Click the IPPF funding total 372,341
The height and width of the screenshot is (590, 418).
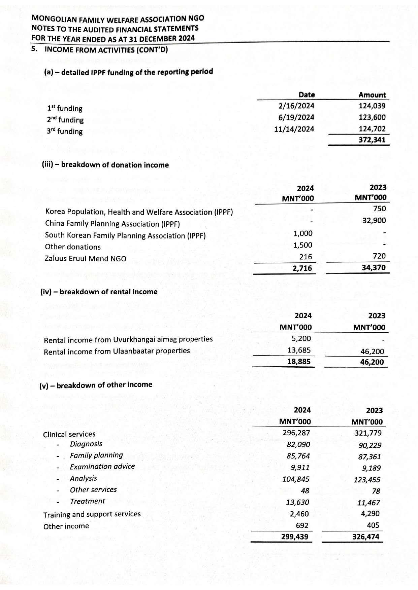tap(372, 140)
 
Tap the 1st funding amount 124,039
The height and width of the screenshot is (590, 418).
tap(372, 106)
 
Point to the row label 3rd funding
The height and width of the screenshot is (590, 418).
tap(65, 131)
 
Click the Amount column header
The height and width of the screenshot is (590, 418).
tap(372, 95)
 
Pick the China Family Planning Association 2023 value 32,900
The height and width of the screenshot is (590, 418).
tap(374, 221)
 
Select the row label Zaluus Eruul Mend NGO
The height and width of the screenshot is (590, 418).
tap(86, 259)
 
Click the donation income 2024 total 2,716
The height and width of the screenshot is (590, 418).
tap(302, 268)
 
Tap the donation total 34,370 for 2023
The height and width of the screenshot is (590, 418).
tap(372, 268)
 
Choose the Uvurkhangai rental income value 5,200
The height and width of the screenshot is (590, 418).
tap(301, 339)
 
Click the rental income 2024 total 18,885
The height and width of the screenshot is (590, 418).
tap(299, 362)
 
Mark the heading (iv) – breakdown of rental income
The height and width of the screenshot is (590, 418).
tap(99, 292)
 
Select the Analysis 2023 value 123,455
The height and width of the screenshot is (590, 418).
tap(367, 480)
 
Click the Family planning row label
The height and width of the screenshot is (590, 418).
tap(96, 455)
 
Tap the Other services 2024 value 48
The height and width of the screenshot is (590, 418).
tap(305, 490)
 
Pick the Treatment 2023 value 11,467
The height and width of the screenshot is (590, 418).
tap(368, 503)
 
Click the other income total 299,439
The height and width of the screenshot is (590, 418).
tap(295, 537)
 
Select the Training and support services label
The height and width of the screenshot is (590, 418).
tap(92, 514)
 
